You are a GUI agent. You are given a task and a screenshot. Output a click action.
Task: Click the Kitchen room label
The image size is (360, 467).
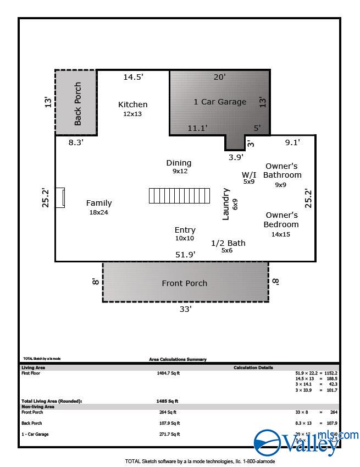[x=133, y=105]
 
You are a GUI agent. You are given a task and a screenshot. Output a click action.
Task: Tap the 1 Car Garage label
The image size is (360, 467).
[x=220, y=102]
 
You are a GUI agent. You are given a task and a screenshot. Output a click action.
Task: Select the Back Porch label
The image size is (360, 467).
[x=77, y=103]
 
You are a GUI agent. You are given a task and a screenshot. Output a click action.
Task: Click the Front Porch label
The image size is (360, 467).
[x=185, y=283]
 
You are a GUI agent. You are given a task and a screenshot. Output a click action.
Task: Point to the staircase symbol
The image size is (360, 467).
[x=177, y=196]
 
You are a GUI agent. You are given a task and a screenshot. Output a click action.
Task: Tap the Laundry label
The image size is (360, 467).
[x=226, y=204]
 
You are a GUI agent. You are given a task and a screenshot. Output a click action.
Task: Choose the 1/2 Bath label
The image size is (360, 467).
[x=228, y=243]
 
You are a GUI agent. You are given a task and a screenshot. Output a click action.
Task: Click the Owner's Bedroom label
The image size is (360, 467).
[x=281, y=219]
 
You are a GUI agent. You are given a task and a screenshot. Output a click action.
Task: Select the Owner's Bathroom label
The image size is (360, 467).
[x=282, y=171]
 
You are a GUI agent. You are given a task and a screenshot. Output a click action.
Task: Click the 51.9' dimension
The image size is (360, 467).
[x=185, y=255]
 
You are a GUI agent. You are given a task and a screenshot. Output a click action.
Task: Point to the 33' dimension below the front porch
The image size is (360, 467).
[x=186, y=309]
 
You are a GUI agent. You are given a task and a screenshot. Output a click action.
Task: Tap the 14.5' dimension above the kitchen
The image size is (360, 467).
[x=133, y=77]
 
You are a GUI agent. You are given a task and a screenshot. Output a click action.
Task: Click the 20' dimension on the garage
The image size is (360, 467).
[x=219, y=77]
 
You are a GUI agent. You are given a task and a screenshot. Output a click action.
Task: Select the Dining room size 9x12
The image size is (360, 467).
[x=180, y=171]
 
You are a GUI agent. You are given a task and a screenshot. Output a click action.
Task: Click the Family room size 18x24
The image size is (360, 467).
[x=99, y=212]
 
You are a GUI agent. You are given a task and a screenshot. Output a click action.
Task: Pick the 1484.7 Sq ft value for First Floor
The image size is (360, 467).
[x=168, y=373]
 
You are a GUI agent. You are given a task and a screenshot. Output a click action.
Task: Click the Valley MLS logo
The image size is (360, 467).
[x=305, y=441]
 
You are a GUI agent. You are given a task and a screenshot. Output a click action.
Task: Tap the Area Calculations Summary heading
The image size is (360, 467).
[x=178, y=359]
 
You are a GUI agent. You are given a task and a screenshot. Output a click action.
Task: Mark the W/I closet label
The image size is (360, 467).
[x=249, y=174]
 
